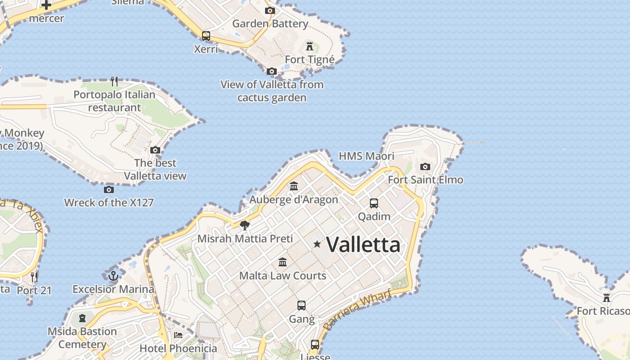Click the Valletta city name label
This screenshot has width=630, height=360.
tap(363, 245)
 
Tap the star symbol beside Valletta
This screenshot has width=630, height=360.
tap(317, 244)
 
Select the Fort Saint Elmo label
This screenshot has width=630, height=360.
tap(425, 180)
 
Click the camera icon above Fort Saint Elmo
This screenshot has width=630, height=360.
tap(425, 167)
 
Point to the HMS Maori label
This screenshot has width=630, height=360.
tap(366, 156)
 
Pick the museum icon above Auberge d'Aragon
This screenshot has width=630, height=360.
tap(294, 186)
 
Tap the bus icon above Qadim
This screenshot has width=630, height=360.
tap(374, 203)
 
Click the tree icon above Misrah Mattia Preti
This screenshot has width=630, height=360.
tap(245, 225)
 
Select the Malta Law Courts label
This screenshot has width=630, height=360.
tap(283, 275)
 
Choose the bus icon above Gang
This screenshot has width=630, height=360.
tap(301, 306)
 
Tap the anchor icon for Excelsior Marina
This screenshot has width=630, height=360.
tap(113, 275)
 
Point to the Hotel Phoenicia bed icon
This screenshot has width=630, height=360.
tap(178, 335)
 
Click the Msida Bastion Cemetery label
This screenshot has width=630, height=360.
tap(82, 338)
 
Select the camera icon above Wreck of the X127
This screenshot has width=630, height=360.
tap(109, 189)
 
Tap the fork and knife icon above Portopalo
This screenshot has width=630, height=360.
tap(114, 81)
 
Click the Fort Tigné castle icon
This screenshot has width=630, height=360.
tap(310, 46)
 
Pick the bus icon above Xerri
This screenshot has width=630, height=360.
tap(206, 36)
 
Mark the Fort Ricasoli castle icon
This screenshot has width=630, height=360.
tap(607, 297)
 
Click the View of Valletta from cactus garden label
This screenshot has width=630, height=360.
tap(272, 91)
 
